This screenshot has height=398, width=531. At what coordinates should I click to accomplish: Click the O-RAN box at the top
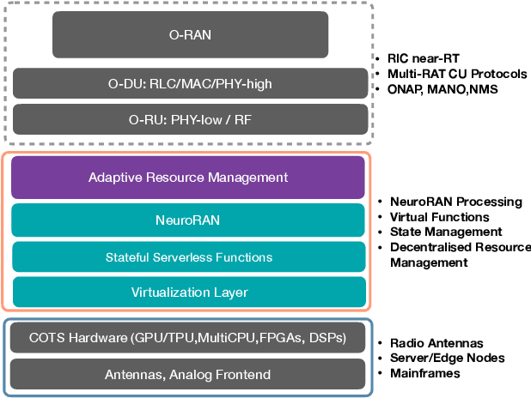point(190,34)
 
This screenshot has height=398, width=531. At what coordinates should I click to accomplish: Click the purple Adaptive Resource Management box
point(188,178)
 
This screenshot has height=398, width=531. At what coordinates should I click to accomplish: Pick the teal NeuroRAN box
point(188,220)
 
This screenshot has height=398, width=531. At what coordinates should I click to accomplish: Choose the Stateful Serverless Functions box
point(188,256)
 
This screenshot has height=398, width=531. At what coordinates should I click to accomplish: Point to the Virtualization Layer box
point(188,292)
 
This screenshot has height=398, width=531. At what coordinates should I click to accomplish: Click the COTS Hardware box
point(188,338)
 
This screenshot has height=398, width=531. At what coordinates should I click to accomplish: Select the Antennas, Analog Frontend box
point(188,374)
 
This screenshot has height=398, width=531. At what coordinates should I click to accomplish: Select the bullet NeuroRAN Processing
point(455,202)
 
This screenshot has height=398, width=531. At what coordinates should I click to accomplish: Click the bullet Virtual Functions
point(439,217)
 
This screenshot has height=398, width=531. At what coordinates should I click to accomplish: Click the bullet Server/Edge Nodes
point(448,358)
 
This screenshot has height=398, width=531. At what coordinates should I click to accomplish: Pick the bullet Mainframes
point(425,373)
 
